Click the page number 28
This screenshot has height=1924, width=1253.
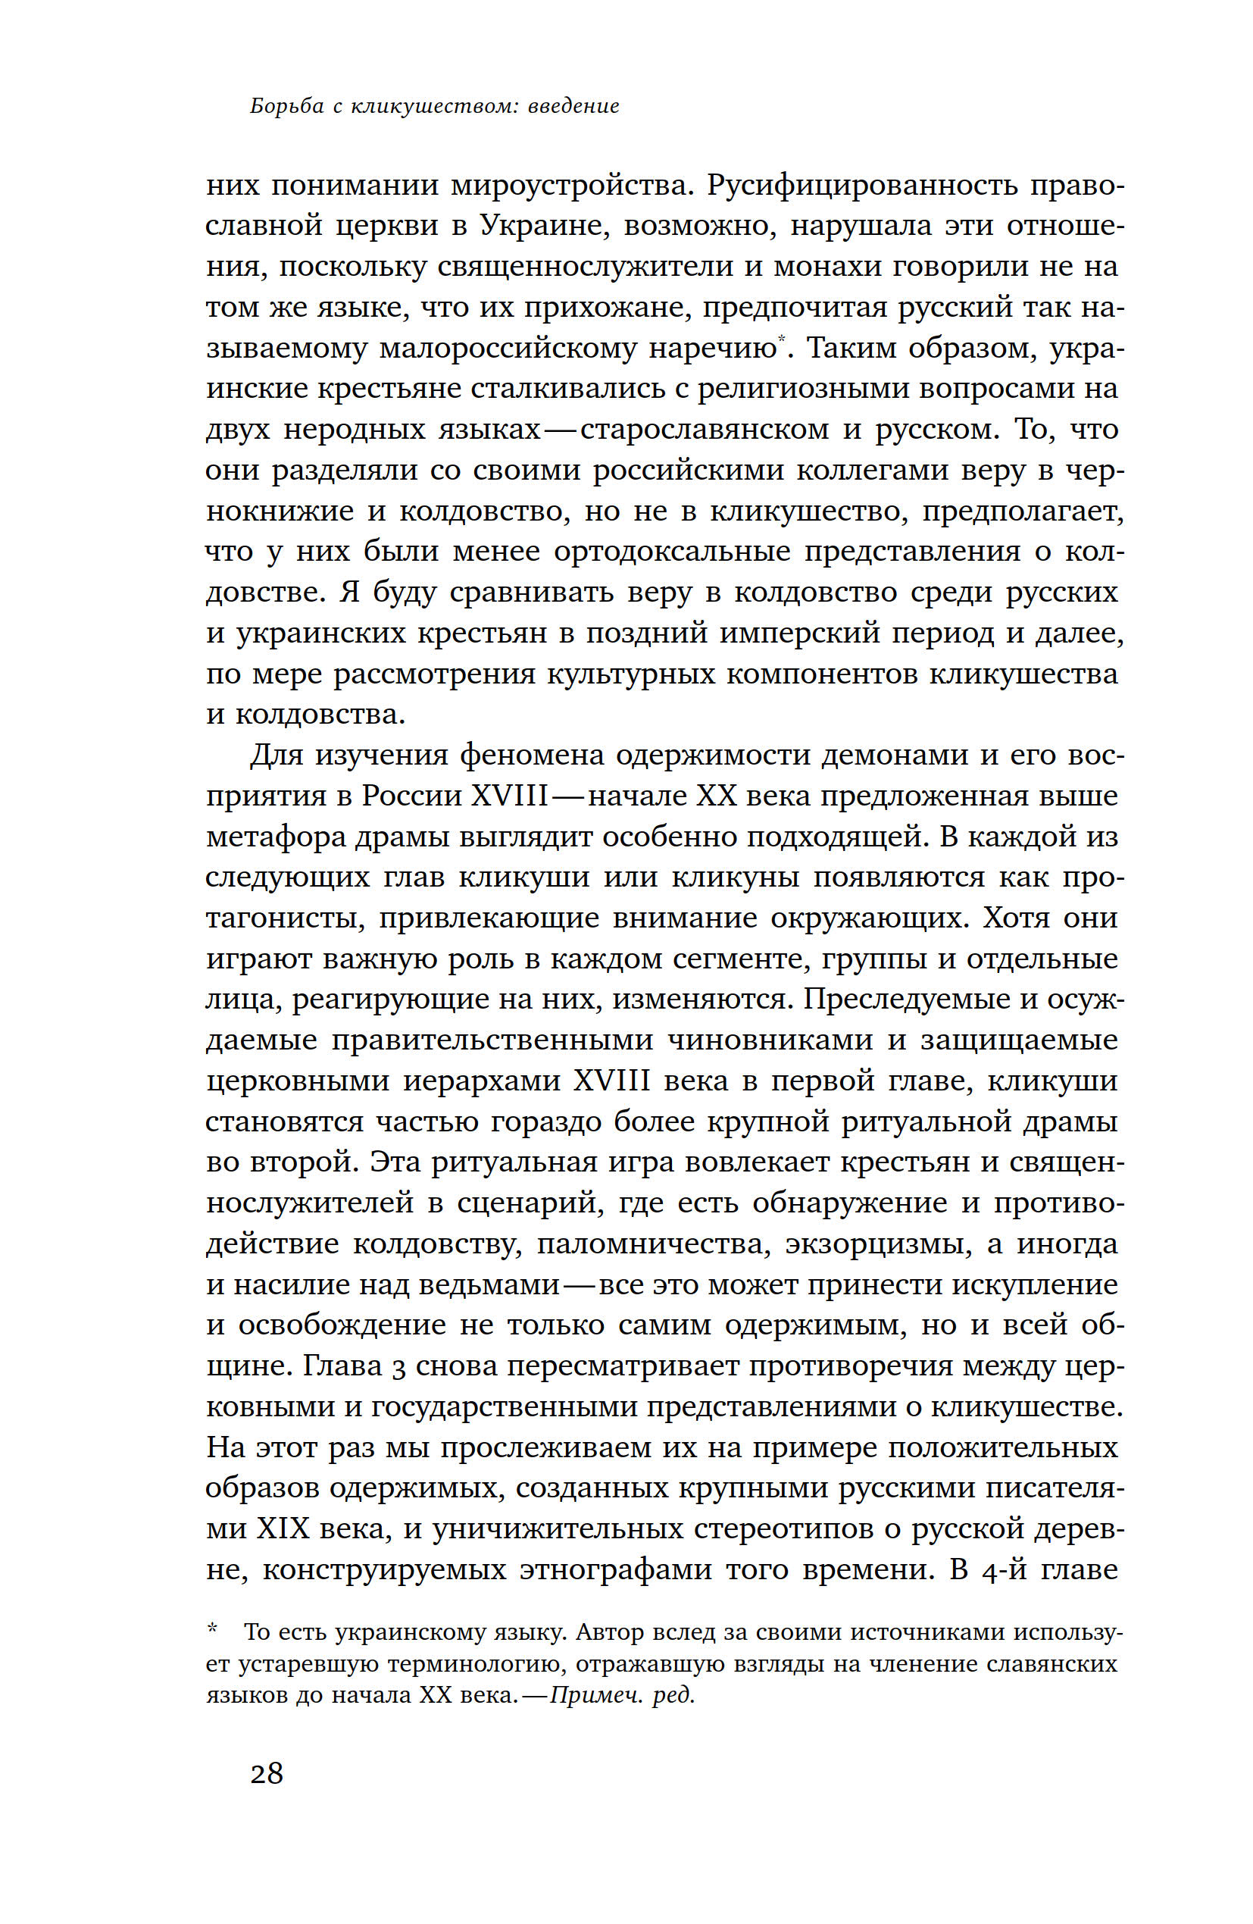(x=266, y=1774)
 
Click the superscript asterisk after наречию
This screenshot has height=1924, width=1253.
(x=782, y=340)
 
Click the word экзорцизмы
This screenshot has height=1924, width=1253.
(x=878, y=1244)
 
